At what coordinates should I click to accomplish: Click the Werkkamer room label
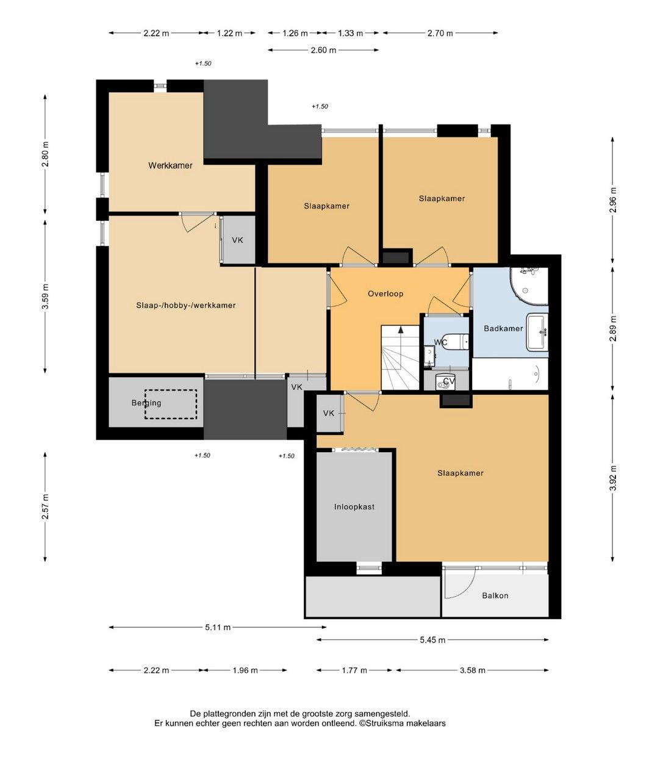(x=170, y=165)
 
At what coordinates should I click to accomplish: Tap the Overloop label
(x=385, y=293)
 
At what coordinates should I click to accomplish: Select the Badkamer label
(x=503, y=328)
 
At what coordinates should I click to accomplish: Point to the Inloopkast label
(x=354, y=507)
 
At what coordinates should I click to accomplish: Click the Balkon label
(x=495, y=595)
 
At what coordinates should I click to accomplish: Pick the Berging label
(x=146, y=403)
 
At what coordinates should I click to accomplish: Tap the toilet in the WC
(x=455, y=342)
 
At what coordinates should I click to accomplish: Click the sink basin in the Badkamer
(x=537, y=331)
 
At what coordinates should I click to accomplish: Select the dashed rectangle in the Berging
(x=170, y=404)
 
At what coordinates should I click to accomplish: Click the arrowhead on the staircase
(x=401, y=329)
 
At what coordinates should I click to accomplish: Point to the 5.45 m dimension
(x=432, y=639)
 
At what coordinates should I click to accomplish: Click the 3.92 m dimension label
(x=612, y=478)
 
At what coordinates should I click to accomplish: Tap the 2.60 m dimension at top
(x=323, y=50)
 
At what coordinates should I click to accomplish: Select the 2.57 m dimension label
(x=45, y=506)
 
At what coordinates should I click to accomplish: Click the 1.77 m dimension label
(x=354, y=670)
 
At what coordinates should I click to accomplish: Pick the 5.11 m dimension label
(x=218, y=627)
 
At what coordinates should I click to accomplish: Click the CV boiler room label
(x=449, y=381)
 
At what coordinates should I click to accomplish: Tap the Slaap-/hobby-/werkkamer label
(x=186, y=305)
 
